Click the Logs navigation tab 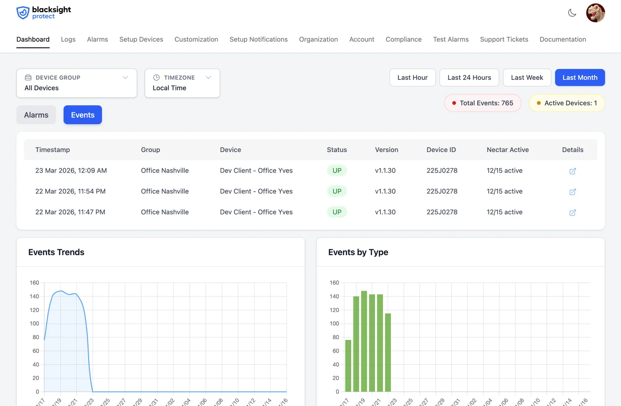coord(68,39)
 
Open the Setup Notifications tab coord(259,39)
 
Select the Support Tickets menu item coord(504,39)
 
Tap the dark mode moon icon coord(572,13)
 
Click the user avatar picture coord(595,13)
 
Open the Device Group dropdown coord(76,83)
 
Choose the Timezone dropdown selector coord(182,83)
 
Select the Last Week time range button coord(527,78)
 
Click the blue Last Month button coord(580,78)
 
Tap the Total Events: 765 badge coord(483,103)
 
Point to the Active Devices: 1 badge coord(567,103)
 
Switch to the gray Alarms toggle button coord(36,115)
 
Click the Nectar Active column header coord(507,150)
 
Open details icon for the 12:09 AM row coord(573,171)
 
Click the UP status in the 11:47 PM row coord(337,212)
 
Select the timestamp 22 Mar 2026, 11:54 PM coord(71,191)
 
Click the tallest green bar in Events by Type coord(364,342)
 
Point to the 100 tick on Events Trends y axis coord(35,323)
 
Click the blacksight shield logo coord(23,13)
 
